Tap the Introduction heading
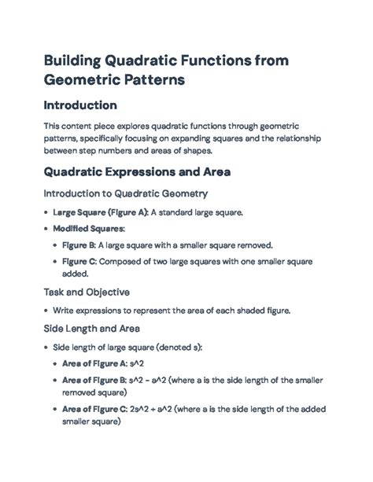[x=80, y=105]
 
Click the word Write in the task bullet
[x=65, y=311]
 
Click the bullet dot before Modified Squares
[x=46, y=228]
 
